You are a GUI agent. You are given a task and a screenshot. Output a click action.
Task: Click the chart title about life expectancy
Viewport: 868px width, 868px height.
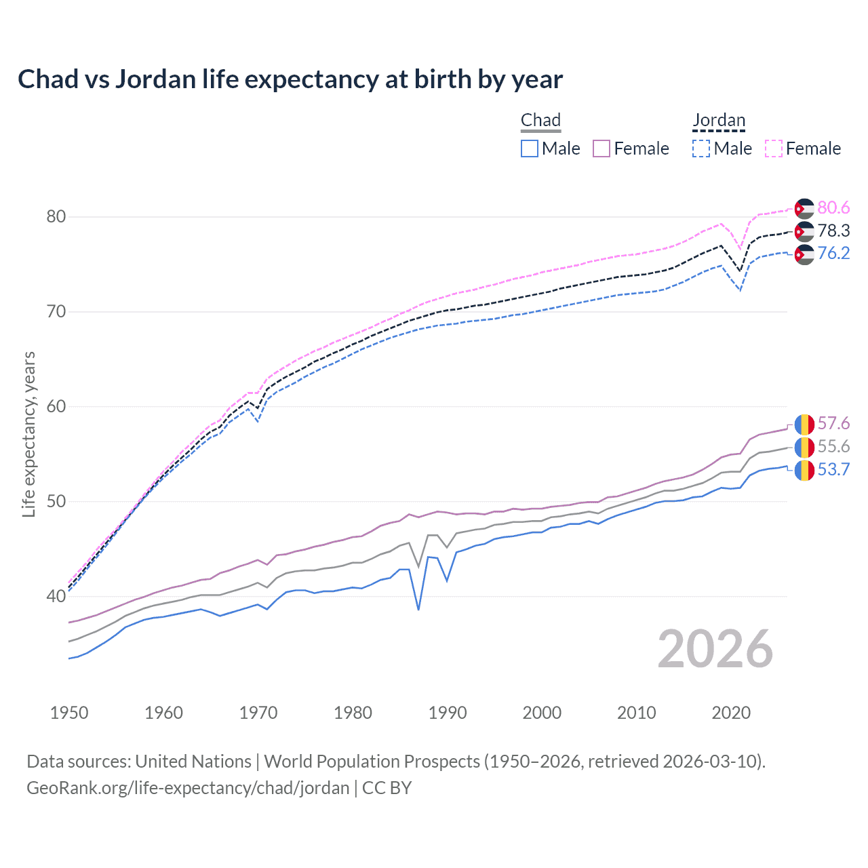tap(290, 79)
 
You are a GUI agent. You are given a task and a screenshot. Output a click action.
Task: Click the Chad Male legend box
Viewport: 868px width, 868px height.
tap(530, 149)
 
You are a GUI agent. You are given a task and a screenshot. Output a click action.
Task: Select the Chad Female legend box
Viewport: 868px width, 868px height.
tap(601, 149)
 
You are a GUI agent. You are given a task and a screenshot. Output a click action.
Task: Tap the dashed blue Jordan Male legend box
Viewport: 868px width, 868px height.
tap(701, 149)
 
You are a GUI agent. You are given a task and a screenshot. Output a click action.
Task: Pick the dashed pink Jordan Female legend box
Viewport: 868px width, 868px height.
tap(774, 149)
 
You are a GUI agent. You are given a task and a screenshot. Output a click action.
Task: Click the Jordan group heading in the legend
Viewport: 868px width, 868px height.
tap(719, 121)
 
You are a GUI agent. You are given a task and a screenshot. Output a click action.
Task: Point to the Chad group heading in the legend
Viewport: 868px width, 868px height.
tap(540, 121)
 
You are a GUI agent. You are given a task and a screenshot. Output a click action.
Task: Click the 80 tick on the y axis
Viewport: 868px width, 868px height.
tap(56, 217)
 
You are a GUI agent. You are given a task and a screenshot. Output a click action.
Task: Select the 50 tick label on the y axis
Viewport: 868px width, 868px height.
tap(56, 502)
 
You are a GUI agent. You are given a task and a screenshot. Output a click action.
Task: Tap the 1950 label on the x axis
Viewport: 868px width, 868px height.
tap(69, 713)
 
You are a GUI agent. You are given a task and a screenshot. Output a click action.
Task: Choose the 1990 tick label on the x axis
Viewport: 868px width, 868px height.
tap(448, 713)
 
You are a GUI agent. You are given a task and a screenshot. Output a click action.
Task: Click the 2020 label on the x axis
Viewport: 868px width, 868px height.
tap(731, 713)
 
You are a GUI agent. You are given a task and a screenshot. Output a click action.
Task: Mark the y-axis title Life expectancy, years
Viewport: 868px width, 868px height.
tap(29, 434)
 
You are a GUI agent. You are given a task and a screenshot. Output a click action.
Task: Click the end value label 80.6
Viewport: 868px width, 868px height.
tap(833, 208)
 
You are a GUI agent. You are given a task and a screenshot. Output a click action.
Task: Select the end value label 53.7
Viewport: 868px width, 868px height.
tap(833, 469)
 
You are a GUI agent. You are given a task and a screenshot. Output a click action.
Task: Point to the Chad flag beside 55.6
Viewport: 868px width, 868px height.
tap(804, 447)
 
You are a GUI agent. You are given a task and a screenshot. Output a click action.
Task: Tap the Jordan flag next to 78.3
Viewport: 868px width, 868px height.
tap(804, 231)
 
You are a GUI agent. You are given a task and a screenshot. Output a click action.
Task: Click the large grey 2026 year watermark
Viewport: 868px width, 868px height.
tap(715, 649)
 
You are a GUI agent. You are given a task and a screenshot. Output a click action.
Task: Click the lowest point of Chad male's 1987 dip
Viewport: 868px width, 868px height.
tap(418, 609)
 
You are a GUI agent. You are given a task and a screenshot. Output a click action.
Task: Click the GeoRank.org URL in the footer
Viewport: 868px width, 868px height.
tap(188, 788)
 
